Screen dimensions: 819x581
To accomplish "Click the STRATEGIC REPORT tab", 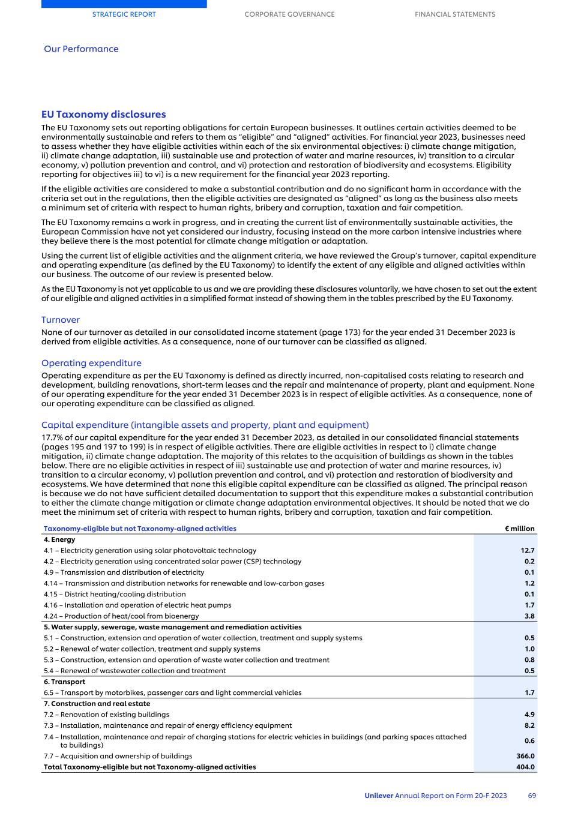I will point(124,14).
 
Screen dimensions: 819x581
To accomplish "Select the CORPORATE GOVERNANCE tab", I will point(289,14).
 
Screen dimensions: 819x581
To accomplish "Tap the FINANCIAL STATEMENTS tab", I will point(455,14).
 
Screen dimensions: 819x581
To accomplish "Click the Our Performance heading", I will point(81,49).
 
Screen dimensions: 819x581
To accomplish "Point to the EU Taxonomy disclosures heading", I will point(103,115).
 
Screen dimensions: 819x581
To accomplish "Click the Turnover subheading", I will point(60,320).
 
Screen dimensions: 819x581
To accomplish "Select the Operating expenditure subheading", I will point(91,363).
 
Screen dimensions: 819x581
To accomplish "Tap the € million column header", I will point(519,529).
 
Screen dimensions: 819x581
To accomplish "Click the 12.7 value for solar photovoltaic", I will point(527,550).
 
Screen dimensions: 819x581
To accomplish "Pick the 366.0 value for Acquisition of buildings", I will point(525,756).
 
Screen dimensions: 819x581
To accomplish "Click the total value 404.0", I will point(525,767).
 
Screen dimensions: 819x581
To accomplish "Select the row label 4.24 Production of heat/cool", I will point(121,616).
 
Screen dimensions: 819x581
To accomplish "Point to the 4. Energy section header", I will point(59,539).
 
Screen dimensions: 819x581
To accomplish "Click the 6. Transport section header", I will point(64,682).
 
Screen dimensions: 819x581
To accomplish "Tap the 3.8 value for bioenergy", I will point(529,616).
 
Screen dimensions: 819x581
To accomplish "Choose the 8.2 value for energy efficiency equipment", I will point(529,725).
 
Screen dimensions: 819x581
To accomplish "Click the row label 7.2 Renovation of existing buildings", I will point(106,715).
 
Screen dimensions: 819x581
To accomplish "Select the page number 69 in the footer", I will point(532,796).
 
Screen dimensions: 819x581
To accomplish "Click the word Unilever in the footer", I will point(378,796).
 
